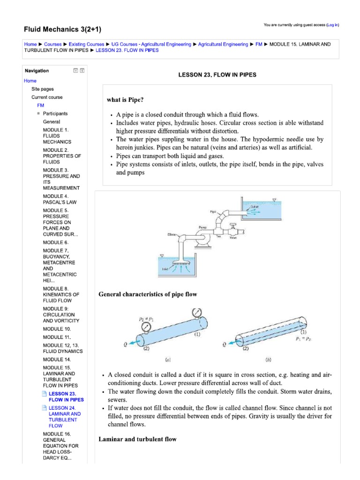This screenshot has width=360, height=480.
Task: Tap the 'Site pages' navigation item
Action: point(43,89)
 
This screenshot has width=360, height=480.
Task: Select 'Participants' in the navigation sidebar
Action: point(55,113)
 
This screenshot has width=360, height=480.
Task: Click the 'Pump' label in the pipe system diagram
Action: point(202,227)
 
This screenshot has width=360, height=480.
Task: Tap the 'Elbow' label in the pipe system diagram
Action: point(171,234)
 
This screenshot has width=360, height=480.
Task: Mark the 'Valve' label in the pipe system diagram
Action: point(233,238)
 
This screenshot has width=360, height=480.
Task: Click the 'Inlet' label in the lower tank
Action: point(165,269)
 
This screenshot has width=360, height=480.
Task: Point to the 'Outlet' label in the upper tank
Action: point(255,206)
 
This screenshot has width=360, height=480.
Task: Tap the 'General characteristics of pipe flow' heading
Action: point(148,294)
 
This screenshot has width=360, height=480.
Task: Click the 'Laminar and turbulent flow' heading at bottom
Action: point(137,439)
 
